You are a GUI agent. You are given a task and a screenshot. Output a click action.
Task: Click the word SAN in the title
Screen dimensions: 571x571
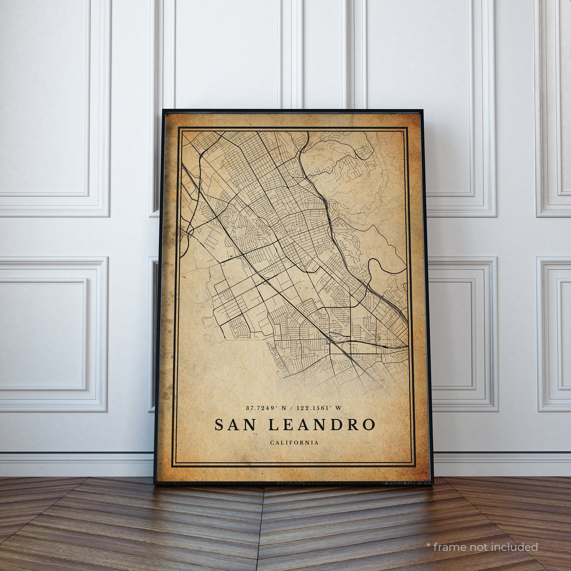[x=235, y=425]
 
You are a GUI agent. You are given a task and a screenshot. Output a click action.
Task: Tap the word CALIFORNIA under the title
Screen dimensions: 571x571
[x=294, y=443]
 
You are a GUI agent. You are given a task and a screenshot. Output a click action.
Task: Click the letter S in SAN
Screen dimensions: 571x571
[x=220, y=425]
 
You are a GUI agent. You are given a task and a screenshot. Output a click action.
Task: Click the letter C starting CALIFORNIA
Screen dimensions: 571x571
[x=271, y=443]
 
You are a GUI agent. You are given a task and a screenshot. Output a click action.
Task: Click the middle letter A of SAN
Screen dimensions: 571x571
[x=235, y=425]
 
